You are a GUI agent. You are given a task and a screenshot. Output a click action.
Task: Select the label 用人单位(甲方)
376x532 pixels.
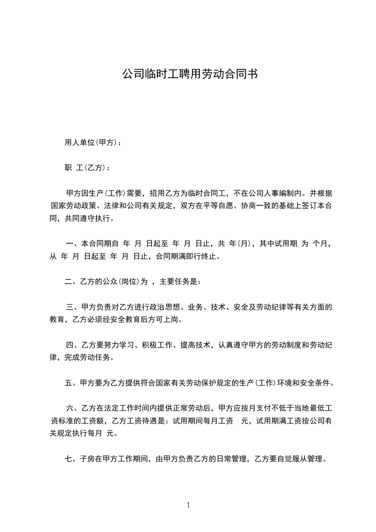(90, 143)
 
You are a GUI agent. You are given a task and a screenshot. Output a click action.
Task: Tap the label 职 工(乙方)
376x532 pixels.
(84, 168)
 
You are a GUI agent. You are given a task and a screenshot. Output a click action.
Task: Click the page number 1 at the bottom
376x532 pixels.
(188, 504)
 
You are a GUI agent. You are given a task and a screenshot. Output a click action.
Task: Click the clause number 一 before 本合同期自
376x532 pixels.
(70, 244)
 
